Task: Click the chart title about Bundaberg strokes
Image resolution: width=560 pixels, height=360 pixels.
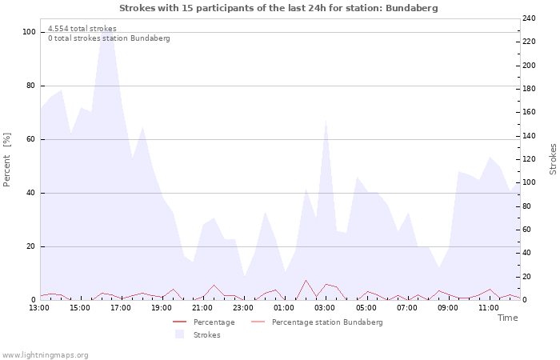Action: point(278,8)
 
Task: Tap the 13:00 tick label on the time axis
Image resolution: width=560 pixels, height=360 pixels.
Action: point(39,307)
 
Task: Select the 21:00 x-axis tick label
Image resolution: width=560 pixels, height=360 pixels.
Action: point(203,307)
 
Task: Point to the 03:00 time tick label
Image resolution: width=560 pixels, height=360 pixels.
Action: point(326,307)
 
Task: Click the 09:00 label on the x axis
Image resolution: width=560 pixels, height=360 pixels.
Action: point(449,307)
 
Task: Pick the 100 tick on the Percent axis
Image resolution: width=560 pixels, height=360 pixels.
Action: point(30,32)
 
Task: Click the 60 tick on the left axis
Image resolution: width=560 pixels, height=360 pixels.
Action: point(31,139)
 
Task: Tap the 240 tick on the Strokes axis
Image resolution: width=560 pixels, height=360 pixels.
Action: point(530,18)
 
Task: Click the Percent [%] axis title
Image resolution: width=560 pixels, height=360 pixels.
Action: point(7,160)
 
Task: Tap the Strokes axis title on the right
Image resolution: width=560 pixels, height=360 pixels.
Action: point(553,159)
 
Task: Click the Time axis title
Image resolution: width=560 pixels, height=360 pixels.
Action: point(507,318)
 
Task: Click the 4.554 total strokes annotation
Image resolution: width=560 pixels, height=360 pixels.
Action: point(82,29)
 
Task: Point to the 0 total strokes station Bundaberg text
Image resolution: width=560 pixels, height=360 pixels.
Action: point(109,38)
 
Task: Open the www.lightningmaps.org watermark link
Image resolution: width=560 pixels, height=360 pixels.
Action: point(45,355)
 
